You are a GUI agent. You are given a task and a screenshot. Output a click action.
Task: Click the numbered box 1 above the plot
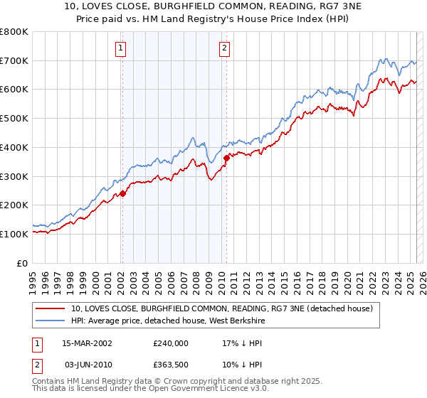click(121, 48)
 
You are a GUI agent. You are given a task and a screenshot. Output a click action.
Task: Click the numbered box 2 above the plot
click(224, 48)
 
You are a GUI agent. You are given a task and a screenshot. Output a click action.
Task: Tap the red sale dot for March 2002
click(122, 193)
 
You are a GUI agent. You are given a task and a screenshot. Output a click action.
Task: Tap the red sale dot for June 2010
click(226, 158)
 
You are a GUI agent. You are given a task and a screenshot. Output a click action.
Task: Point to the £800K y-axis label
click(14, 32)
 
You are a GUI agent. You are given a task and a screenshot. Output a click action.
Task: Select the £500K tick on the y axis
click(14, 119)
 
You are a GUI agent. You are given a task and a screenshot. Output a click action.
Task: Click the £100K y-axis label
click(14, 234)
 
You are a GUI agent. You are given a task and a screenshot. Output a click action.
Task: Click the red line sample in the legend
click(51, 308)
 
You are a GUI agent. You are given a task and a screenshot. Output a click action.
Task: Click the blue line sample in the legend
click(51, 321)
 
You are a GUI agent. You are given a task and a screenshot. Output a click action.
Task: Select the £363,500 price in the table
click(171, 364)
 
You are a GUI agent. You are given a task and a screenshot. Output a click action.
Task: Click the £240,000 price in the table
click(171, 343)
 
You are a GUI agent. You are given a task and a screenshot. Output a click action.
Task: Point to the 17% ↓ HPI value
click(241, 343)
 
